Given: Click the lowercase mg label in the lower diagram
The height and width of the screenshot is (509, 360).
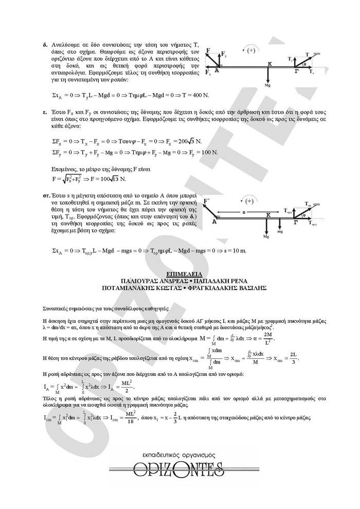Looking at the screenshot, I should coord(280,232).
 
